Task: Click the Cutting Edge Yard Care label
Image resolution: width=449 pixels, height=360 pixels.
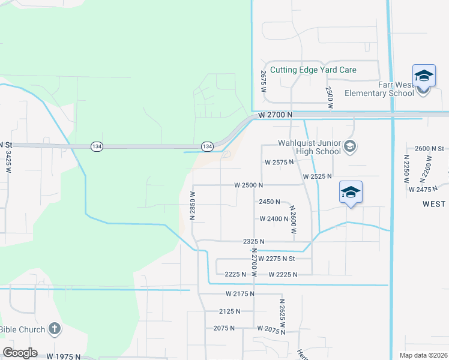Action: click(x=313, y=70)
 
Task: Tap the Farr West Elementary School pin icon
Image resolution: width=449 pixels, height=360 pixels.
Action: click(x=423, y=76)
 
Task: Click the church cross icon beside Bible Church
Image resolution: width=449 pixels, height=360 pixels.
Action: click(x=54, y=328)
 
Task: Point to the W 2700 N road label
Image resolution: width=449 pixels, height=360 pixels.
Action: click(x=276, y=114)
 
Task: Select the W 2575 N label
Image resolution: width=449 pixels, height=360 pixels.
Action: click(x=279, y=162)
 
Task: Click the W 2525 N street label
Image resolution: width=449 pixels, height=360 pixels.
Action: click(x=318, y=176)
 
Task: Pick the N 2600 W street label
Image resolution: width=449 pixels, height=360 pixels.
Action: click(x=294, y=220)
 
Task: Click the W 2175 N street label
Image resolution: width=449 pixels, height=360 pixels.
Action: click(x=240, y=293)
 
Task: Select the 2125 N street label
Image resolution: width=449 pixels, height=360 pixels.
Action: click(x=229, y=311)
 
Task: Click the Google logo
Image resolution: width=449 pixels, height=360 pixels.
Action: click(x=20, y=352)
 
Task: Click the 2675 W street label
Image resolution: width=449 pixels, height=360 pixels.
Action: click(x=263, y=81)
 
